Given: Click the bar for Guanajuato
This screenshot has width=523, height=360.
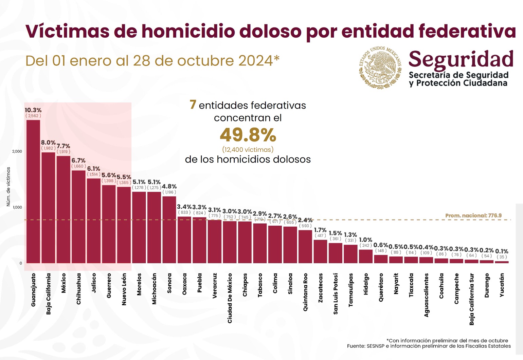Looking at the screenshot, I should coord(33,192).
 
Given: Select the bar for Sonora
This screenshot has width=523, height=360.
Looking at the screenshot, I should coord(169,230).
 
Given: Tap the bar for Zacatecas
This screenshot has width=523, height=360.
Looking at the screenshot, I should coord(320,251).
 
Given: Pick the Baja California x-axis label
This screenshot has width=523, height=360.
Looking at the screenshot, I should coord(48,293).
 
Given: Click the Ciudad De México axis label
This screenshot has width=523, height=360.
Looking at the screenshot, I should coord(230,298).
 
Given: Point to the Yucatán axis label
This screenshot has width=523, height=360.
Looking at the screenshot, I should coord(502,285).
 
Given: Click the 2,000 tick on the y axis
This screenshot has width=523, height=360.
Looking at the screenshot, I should coord(17,151).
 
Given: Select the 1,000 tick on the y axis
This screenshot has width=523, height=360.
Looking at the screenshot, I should coord(17,207).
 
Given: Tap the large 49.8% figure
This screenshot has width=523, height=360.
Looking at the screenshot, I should coord(248,135).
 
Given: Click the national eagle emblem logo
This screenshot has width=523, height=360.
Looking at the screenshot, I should coord(380,68).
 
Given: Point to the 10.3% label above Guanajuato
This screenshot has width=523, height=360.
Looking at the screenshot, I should coord(33,110).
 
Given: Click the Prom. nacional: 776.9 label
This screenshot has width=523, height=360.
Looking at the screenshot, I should coord(473,215).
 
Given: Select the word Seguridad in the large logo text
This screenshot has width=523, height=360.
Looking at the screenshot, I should coord(461,59).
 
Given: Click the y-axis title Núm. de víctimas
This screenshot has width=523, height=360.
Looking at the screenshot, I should coord(8,187).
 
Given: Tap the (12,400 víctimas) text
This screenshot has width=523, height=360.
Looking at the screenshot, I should coord(248,150).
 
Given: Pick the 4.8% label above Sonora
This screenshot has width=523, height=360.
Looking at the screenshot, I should coord(169,186).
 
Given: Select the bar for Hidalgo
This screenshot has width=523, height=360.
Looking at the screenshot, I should coord(366,256).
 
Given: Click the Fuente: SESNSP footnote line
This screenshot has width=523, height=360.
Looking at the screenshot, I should coord(429,346).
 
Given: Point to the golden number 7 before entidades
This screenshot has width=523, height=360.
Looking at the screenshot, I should coord(193,105).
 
